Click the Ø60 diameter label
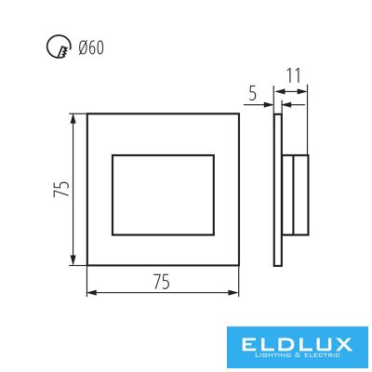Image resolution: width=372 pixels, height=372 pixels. pos(91,47)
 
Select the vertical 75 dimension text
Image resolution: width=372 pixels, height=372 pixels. pos(61,189)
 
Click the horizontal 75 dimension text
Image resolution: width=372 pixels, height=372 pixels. pos(162,282)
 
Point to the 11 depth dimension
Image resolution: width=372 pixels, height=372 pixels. pos(293,75)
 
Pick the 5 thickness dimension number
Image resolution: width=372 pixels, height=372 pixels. pos(253,94)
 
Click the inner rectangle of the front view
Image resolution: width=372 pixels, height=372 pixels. pos(163,155)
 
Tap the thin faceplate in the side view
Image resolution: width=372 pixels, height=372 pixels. pos(278,190)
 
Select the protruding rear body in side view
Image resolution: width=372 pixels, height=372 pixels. pos(296,195)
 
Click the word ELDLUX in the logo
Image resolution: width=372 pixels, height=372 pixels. pos(297,344)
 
